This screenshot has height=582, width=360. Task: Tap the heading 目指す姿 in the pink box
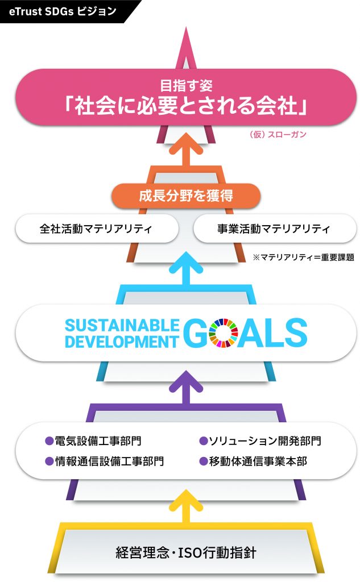click(186, 86)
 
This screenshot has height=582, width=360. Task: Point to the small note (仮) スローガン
click(278, 134)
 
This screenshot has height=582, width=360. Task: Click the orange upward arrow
click(186, 151)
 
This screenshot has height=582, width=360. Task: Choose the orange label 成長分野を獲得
click(186, 196)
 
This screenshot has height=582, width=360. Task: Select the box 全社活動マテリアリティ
click(97, 228)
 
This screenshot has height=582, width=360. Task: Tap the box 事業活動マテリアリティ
click(275, 228)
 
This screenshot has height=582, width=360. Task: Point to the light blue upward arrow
click(186, 269)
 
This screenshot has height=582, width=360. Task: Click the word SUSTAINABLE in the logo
click(122, 326)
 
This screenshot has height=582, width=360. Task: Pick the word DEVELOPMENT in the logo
click(122, 342)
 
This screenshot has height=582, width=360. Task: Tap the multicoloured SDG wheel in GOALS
click(224, 333)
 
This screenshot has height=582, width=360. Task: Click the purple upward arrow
click(186, 388)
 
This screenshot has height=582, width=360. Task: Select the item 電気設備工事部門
click(93, 440)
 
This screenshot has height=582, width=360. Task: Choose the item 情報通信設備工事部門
click(105, 461)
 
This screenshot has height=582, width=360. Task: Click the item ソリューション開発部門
click(260, 440)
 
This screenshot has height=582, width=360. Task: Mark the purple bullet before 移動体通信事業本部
click(203, 462)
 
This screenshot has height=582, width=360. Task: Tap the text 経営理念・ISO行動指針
click(186, 552)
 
